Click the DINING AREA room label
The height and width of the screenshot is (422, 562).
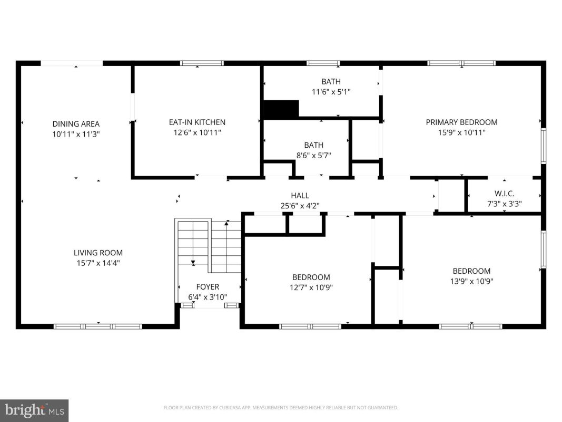click(76, 124)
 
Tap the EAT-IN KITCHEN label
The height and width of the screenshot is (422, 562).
click(197, 122)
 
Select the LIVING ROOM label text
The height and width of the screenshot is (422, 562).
click(98, 253)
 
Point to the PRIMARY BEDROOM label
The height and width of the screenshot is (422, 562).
click(461, 122)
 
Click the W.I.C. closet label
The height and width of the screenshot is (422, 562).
click(504, 194)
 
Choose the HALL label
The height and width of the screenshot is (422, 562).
click(300, 196)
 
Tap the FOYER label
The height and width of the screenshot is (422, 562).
click(208, 287)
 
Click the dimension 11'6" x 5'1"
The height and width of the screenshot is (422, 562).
click(331, 92)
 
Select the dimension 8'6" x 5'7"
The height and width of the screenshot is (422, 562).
click(313, 156)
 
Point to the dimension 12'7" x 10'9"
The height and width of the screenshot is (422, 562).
click(311, 287)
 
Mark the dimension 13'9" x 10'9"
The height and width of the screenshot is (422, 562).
click(472, 281)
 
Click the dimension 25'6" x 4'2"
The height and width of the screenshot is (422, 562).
click(300, 206)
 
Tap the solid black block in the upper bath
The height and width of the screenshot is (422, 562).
click(281, 108)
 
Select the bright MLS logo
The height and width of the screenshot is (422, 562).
click(34, 410)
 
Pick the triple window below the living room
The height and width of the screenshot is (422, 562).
click(98, 327)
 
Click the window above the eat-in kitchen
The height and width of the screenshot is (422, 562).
click(202, 63)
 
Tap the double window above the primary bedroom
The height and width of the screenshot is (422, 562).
click(461, 63)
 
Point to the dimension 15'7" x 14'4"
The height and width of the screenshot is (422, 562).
click(98, 263)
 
